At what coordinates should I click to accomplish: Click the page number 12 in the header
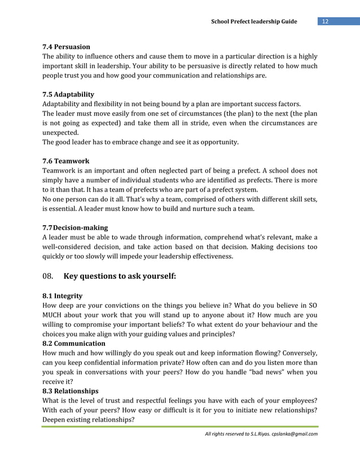click(x=326, y=21)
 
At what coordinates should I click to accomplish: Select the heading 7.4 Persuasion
click(x=67, y=46)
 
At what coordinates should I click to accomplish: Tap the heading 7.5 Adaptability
click(x=68, y=94)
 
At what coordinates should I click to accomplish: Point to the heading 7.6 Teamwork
click(x=66, y=161)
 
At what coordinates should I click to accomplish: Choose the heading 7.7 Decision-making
click(x=75, y=227)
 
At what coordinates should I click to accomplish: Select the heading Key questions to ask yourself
click(x=120, y=276)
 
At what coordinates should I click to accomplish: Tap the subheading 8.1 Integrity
click(x=63, y=296)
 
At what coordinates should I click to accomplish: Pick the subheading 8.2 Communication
click(x=74, y=343)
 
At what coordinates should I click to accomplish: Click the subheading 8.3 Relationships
click(x=71, y=391)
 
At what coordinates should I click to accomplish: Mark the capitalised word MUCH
click(x=54, y=315)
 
